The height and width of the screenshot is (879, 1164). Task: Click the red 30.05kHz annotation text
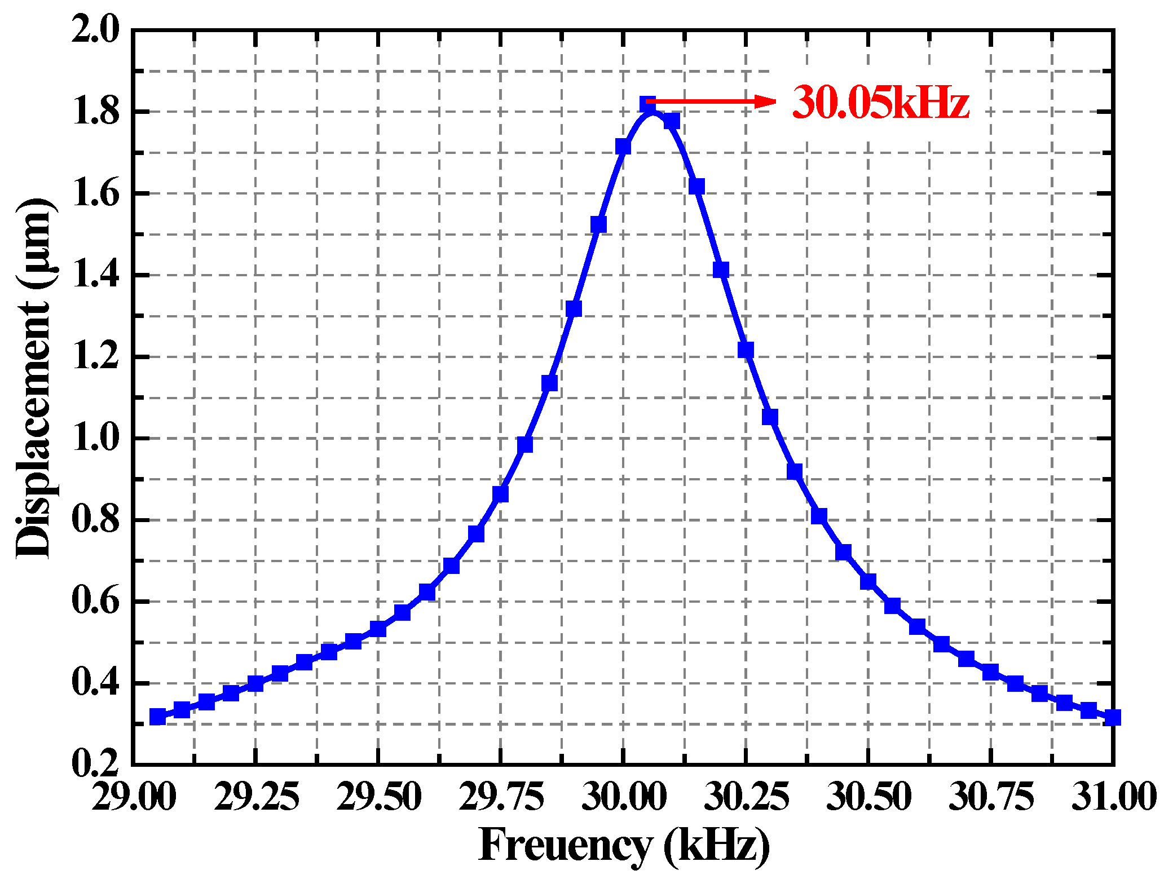point(880,103)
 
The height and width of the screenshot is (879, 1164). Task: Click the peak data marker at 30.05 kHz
point(647,105)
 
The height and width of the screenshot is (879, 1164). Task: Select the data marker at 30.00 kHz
point(623,147)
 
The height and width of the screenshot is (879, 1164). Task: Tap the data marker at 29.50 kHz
point(378,629)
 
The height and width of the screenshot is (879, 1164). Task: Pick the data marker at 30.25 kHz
point(746,350)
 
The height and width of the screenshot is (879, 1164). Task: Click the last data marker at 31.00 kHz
point(1112,718)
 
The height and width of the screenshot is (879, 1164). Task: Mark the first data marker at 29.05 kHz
point(158,717)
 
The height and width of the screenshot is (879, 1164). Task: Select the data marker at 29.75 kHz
point(500,494)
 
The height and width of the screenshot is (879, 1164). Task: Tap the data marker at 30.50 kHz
point(868,581)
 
